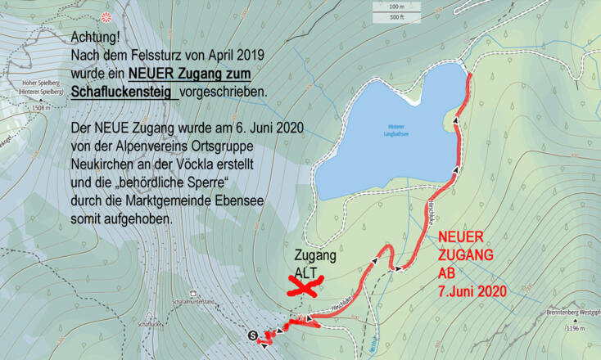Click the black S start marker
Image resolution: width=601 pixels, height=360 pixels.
point(252,334)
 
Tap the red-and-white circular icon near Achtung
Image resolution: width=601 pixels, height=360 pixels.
point(105,17)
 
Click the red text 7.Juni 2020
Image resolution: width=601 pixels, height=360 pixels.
point(472,290)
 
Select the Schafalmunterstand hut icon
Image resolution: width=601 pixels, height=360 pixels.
point(192,293)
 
